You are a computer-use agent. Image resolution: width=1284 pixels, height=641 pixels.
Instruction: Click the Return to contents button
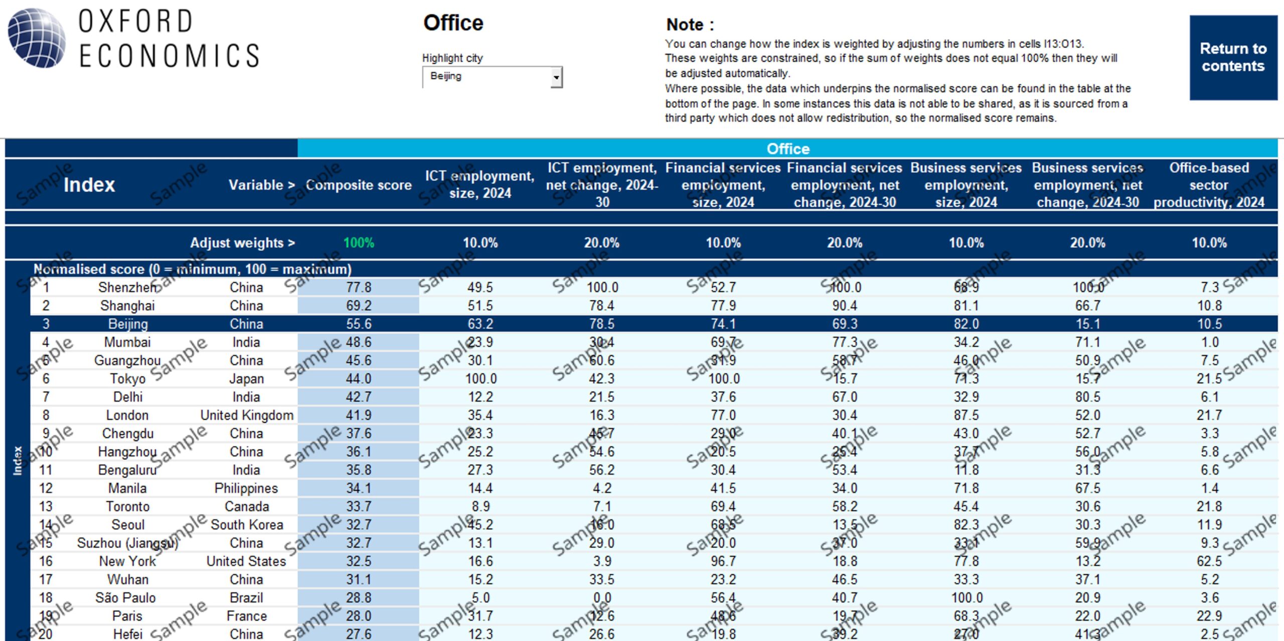coord(1233,57)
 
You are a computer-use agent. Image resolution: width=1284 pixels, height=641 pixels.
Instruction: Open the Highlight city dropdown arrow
coord(556,77)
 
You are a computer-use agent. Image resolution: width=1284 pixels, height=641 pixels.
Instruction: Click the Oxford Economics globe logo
coord(36,38)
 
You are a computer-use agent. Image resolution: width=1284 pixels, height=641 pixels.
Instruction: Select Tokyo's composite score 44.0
coord(359,379)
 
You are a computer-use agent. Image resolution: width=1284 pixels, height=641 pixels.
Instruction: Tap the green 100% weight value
coord(359,243)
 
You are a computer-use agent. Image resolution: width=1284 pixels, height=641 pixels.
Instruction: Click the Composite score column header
coord(359,185)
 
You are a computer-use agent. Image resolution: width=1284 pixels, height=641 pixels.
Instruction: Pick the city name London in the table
coord(127,415)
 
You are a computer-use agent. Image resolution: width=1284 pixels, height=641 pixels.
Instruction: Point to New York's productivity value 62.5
coord(1209,561)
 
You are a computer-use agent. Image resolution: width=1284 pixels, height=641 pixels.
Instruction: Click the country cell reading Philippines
coord(246,488)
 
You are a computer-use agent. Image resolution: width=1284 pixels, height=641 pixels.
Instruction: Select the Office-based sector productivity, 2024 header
coord(1209,185)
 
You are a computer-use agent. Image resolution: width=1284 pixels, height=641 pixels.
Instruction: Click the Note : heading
coord(690,25)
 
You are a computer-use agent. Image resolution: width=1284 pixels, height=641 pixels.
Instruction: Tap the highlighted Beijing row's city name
coord(128,324)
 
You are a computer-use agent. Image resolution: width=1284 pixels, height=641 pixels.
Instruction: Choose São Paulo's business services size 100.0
coord(967,598)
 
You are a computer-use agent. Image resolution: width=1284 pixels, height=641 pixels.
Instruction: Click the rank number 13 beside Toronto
coord(46,507)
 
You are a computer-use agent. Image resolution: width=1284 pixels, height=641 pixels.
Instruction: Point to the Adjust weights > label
coord(242,243)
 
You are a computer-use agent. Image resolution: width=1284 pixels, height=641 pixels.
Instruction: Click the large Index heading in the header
coord(89,185)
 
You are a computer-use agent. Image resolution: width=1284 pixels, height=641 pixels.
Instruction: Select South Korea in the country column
coord(247,525)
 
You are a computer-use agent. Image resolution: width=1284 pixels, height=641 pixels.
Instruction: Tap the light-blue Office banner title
coord(787,149)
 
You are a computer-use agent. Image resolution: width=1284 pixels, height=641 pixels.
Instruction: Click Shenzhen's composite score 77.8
coord(359,287)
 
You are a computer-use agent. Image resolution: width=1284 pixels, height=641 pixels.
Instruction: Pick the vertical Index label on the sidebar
coord(18,460)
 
